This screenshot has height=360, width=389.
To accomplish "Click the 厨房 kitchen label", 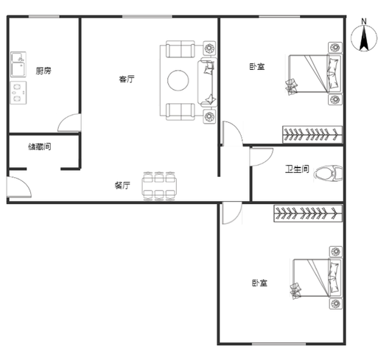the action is [x=43, y=71].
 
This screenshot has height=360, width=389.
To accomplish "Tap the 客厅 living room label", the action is [x=127, y=80].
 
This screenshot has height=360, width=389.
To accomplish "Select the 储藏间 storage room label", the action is [x=40, y=147].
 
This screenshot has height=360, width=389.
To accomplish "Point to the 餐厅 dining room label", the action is [x=122, y=186].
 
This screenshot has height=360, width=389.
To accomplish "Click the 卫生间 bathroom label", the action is [x=297, y=169].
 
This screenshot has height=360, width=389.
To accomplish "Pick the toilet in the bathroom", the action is [x=329, y=173].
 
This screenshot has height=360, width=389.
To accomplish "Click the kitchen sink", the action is [x=18, y=64].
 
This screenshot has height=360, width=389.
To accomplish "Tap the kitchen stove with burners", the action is [x=18, y=93].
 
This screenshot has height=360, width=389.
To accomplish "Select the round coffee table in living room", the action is [x=178, y=80].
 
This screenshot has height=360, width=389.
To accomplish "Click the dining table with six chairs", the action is [x=159, y=186].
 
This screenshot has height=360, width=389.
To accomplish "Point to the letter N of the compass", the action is [x=364, y=21].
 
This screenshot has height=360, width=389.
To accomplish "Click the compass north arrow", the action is [x=364, y=38].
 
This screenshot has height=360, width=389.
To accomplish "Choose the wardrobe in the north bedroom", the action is [x=312, y=135].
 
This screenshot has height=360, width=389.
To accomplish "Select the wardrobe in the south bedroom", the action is [x=308, y=213].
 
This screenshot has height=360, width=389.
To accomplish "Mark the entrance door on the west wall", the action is [x=19, y=187].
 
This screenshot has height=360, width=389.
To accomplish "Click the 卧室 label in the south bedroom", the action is [x=259, y=283].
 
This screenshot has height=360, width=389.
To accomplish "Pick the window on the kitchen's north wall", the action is [x=44, y=17].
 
